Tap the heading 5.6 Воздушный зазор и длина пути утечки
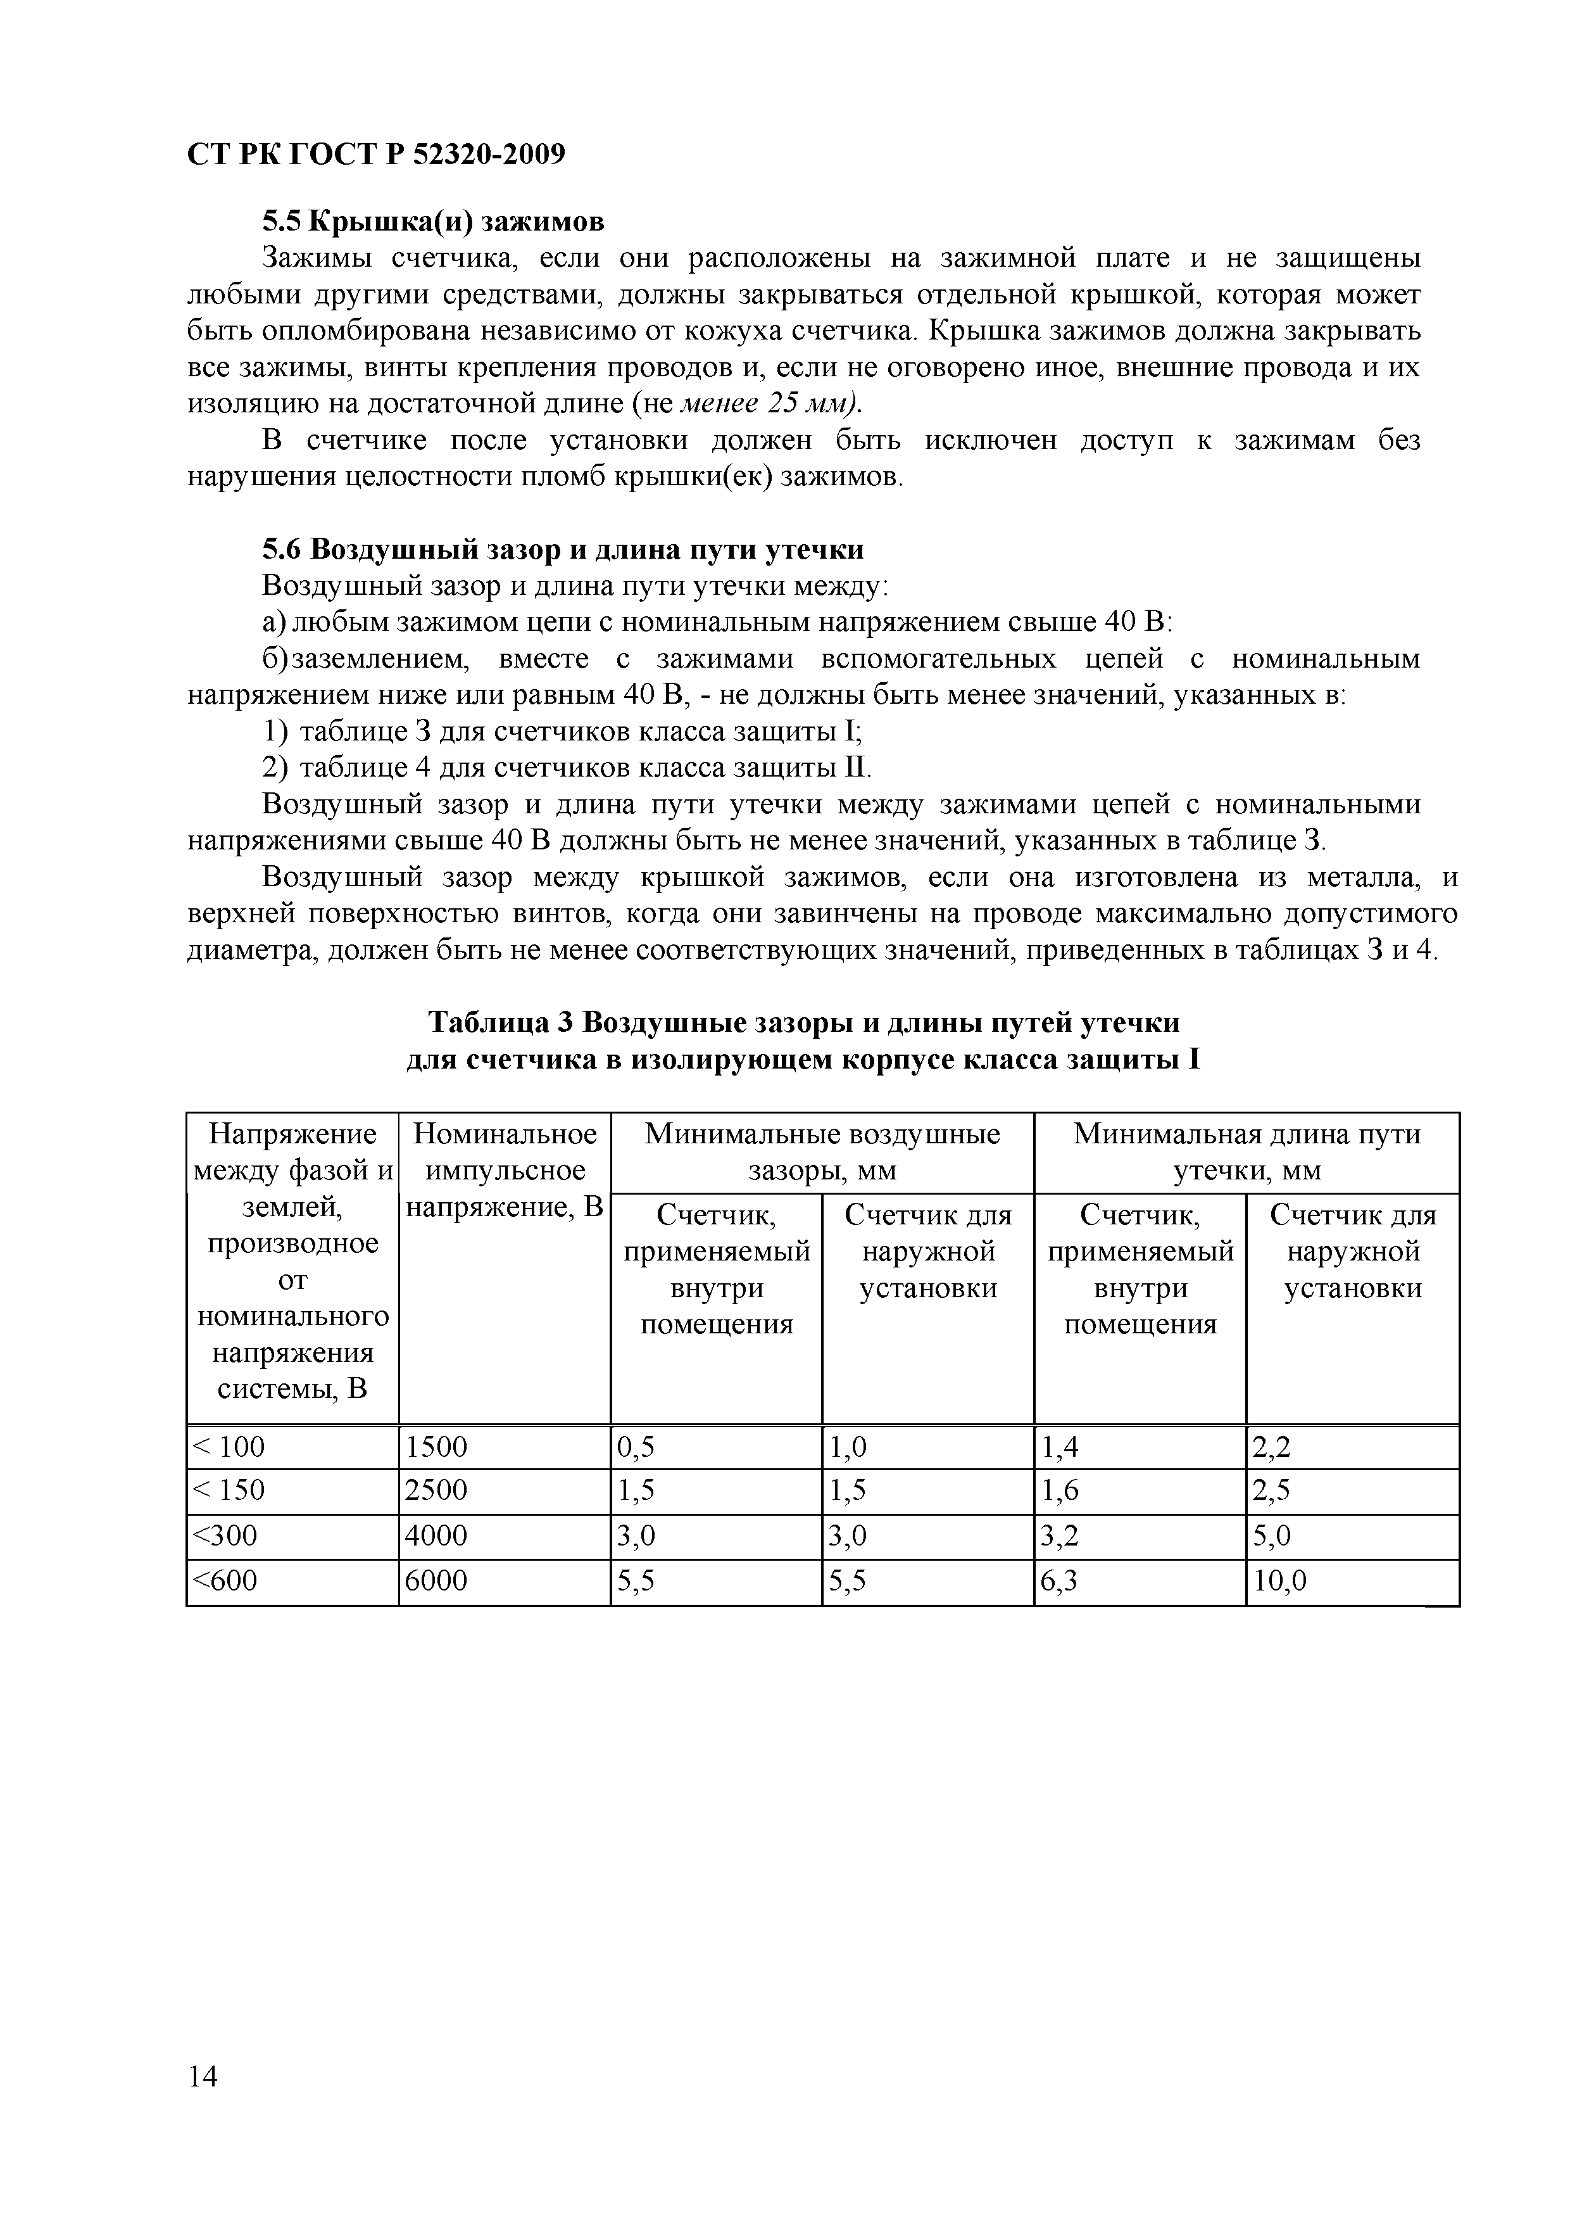tap(563, 550)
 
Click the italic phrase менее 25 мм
tap(769, 403)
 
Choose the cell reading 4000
tap(436, 1536)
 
